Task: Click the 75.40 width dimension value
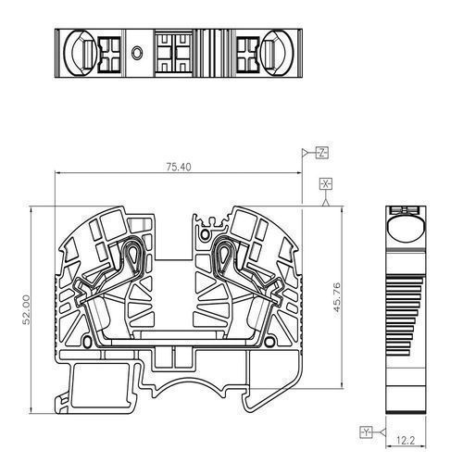179,167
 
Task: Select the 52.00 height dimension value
27,309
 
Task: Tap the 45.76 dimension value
337,297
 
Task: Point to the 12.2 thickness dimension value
406,441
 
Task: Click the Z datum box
322,153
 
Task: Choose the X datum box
326,184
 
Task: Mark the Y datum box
366,432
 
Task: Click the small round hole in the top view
136,53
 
